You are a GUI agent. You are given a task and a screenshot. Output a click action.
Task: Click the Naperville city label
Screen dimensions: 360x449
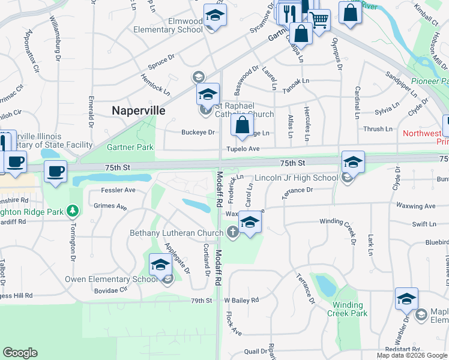139,110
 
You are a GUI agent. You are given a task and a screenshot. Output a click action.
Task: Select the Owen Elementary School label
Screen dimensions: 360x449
112,279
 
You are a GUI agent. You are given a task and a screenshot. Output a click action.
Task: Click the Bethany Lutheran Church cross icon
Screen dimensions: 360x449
233,233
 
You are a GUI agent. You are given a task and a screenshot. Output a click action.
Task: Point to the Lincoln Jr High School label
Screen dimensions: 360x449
297,178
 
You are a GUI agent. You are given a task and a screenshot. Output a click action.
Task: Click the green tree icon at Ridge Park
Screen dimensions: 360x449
73,211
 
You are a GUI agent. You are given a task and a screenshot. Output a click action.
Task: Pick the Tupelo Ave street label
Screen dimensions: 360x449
243,149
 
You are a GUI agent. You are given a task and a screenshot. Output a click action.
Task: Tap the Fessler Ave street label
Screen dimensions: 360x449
118,190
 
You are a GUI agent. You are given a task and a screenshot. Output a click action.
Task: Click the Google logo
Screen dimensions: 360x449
20,353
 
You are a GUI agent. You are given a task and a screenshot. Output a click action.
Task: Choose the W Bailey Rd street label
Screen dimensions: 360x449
241,300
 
